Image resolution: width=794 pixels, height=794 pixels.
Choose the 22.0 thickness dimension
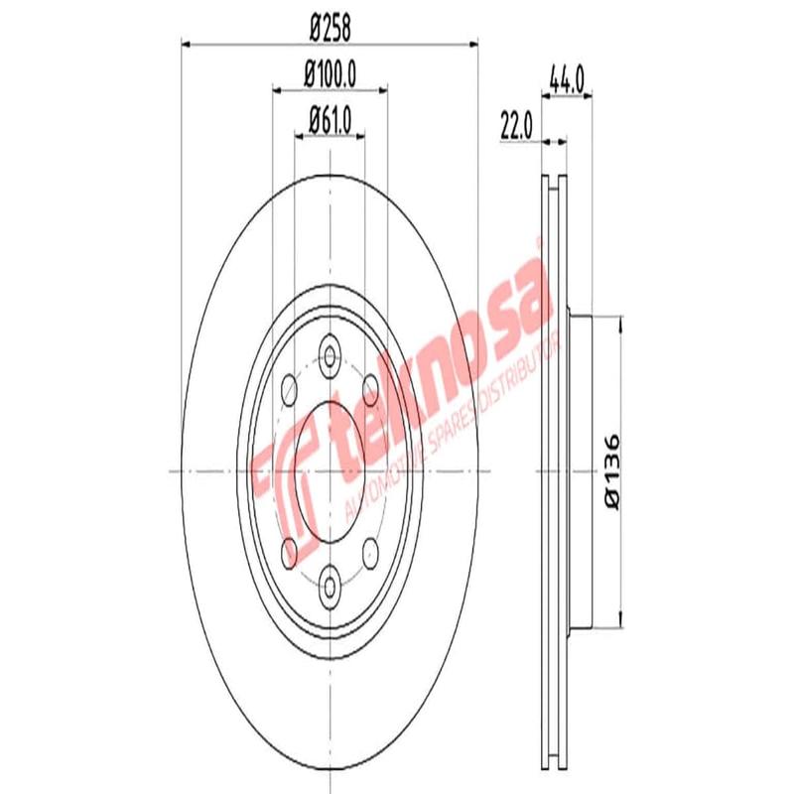click(x=517, y=126)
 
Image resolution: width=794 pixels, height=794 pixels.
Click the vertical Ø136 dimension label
click(x=611, y=471)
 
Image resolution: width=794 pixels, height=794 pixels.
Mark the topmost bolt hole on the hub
click(x=329, y=354)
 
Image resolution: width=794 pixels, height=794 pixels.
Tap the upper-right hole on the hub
click(x=369, y=386)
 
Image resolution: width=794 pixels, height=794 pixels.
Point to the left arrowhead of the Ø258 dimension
click(x=186, y=44)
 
